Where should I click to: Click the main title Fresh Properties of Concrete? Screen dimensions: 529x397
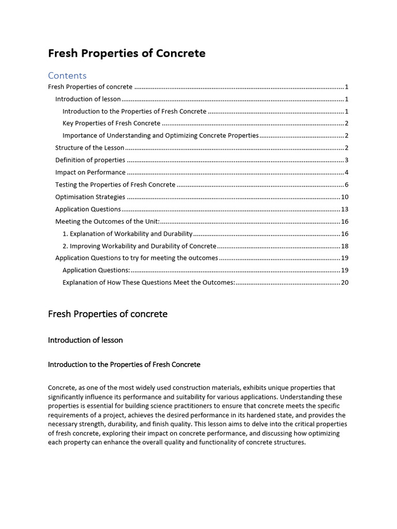(127, 53)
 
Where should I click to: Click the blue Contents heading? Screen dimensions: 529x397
(67, 75)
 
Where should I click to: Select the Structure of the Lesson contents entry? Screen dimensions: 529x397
(89, 148)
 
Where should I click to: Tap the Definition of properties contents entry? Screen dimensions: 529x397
(90, 160)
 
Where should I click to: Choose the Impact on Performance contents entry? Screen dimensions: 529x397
(90, 173)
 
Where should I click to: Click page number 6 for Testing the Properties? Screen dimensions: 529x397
(346, 185)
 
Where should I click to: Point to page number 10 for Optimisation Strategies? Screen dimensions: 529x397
(345, 197)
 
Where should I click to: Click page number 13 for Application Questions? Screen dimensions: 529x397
(345, 209)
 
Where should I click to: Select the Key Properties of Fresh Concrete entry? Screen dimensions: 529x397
(111, 123)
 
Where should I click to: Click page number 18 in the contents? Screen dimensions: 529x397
(345, 246)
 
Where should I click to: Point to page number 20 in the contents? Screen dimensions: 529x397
(345, 283)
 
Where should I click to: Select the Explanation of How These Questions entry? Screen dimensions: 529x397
(148, 283)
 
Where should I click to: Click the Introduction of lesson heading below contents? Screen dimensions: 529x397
(85, 340)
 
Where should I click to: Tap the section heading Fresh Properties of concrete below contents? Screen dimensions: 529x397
(108, 314)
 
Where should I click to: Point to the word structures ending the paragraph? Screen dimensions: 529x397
(290, 442)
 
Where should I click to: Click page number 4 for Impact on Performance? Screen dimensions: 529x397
(346, 173)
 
